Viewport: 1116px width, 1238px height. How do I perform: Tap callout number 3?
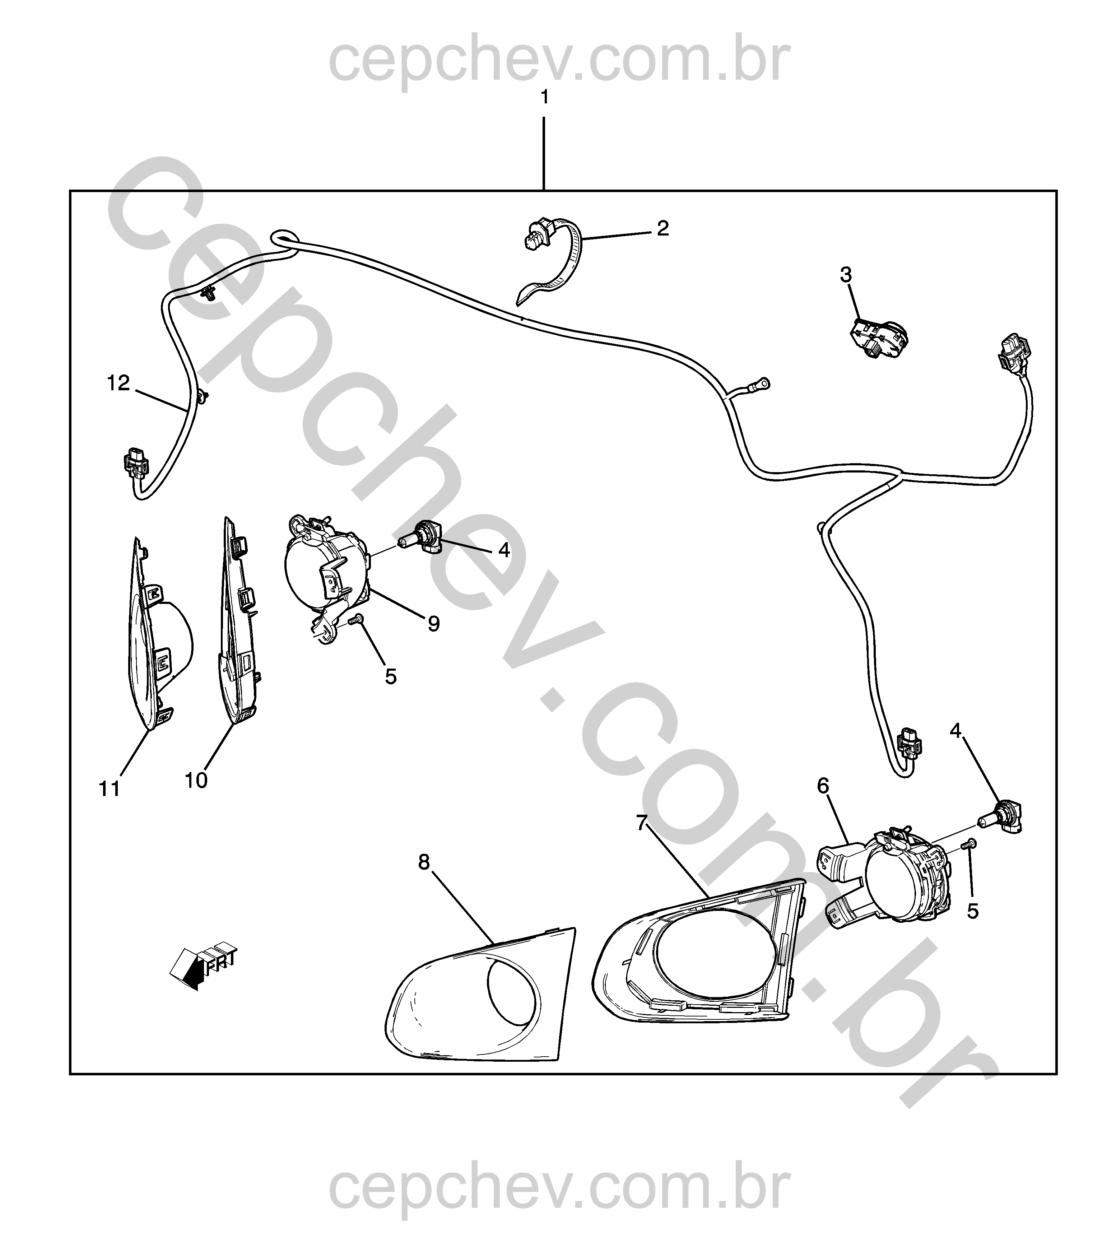(846, 275)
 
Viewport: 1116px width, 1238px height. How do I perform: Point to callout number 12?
(118, 383)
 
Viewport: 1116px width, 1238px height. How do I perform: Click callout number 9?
(433, 624)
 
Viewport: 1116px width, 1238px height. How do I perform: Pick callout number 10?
(196, 781)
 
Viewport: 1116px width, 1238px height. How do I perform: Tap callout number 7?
(641, 823)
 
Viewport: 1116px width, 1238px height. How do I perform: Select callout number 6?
(823, 786)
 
